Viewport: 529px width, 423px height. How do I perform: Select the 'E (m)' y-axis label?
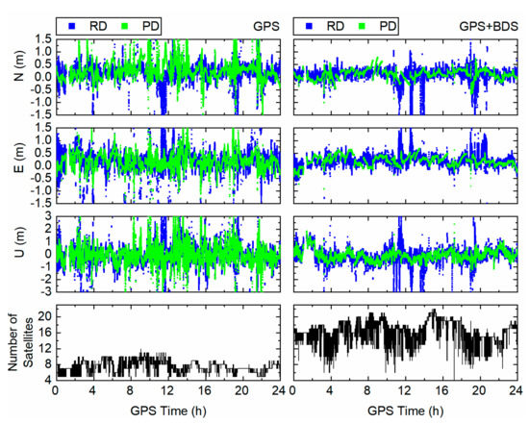pos(11,165)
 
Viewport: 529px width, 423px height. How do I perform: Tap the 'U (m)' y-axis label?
pos(11,255)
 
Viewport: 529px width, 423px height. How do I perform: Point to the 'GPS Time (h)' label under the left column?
pos(167,411)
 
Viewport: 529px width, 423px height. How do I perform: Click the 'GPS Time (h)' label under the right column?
pos(405,411)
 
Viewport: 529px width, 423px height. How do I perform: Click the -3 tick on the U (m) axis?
pos(42,289)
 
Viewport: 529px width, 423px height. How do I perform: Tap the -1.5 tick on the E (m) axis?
pos(38,201)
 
